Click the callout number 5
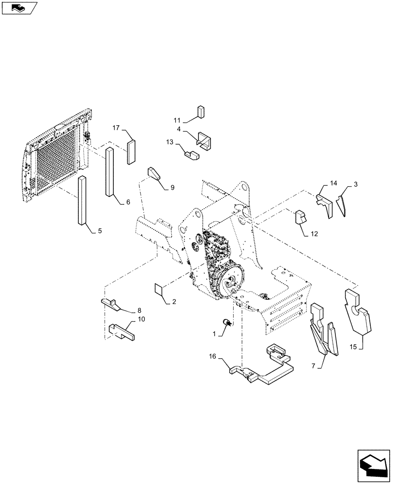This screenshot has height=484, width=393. point(100,231)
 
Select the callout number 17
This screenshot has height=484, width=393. point(117,128)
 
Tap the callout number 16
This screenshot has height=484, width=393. point(212,357)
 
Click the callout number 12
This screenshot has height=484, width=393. point(314,234)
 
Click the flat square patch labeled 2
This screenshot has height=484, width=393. point(158,289)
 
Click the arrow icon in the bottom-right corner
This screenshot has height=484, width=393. point(373,466)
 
